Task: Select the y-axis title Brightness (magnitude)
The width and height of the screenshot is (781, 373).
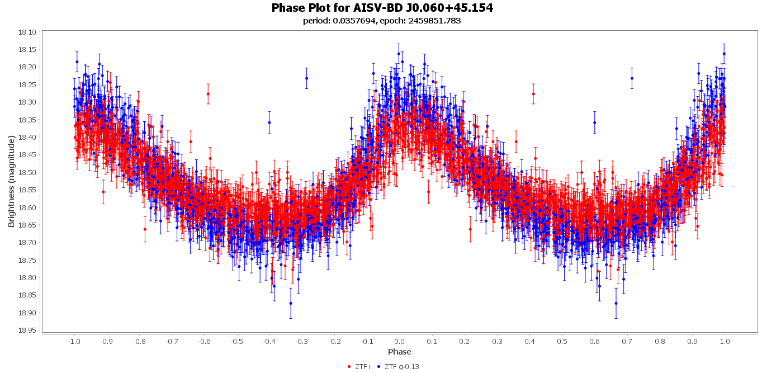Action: coord(12,181)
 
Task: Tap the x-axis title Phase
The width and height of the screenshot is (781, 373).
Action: coord(399,352)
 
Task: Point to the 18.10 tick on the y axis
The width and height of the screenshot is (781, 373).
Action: coord(27,32)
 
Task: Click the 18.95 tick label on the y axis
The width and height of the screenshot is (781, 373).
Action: coord(27,330)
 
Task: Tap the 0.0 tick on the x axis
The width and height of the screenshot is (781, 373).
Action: coord(399,341)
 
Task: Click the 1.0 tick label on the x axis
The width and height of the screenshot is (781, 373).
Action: coord(725,341)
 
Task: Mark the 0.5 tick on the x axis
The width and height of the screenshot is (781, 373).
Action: coord(562,341)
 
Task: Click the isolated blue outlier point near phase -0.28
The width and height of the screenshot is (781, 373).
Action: coord(306,78)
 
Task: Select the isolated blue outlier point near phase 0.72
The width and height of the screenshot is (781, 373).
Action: coord(632,78)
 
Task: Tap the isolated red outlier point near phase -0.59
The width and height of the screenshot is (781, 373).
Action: coord(208,94)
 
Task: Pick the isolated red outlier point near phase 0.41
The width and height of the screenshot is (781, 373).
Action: coord(533,94)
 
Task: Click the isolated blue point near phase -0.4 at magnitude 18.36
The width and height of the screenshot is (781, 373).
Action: coord(269,122)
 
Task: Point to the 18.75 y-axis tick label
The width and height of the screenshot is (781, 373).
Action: coord(27,260)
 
